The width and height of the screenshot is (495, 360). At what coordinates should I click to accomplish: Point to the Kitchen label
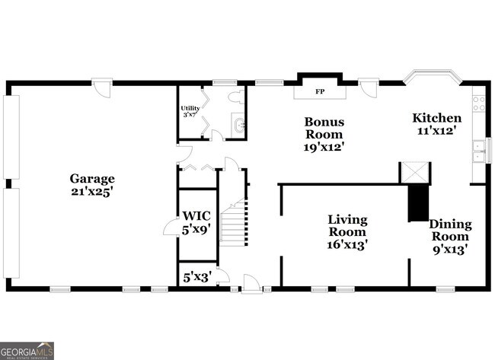pos(436,118)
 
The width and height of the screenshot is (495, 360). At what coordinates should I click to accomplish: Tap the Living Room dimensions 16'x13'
pos(347,246)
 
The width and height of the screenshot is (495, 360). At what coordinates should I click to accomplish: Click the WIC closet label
pos(195,215)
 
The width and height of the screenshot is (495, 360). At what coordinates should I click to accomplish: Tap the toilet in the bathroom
pos(238,97)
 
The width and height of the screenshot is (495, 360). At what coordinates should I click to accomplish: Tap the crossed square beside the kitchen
pos(416,172)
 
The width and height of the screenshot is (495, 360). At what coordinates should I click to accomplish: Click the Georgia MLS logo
pos(27,350)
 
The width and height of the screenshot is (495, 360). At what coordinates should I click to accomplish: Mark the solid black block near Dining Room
pos(418,202)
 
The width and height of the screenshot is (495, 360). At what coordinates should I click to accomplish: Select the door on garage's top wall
pos(103,86)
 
